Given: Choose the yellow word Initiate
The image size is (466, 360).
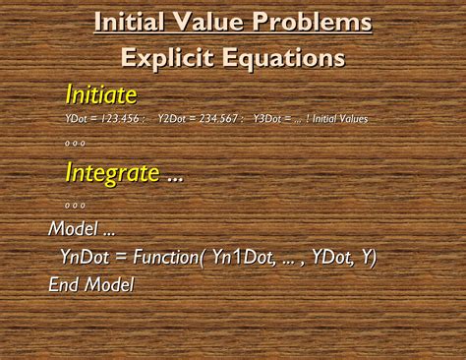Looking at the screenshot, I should tap(99, 95).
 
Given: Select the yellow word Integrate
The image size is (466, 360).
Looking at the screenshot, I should tap(112, 173).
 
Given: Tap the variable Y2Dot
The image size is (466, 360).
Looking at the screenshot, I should tap(173, 119).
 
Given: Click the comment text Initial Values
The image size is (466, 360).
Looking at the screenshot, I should tap(340, 119).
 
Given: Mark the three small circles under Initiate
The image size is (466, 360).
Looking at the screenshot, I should tap(76, 143).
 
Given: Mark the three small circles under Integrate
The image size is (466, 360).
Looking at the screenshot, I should tap(76, 205).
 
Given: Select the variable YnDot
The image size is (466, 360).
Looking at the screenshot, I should tap(89, 258).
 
